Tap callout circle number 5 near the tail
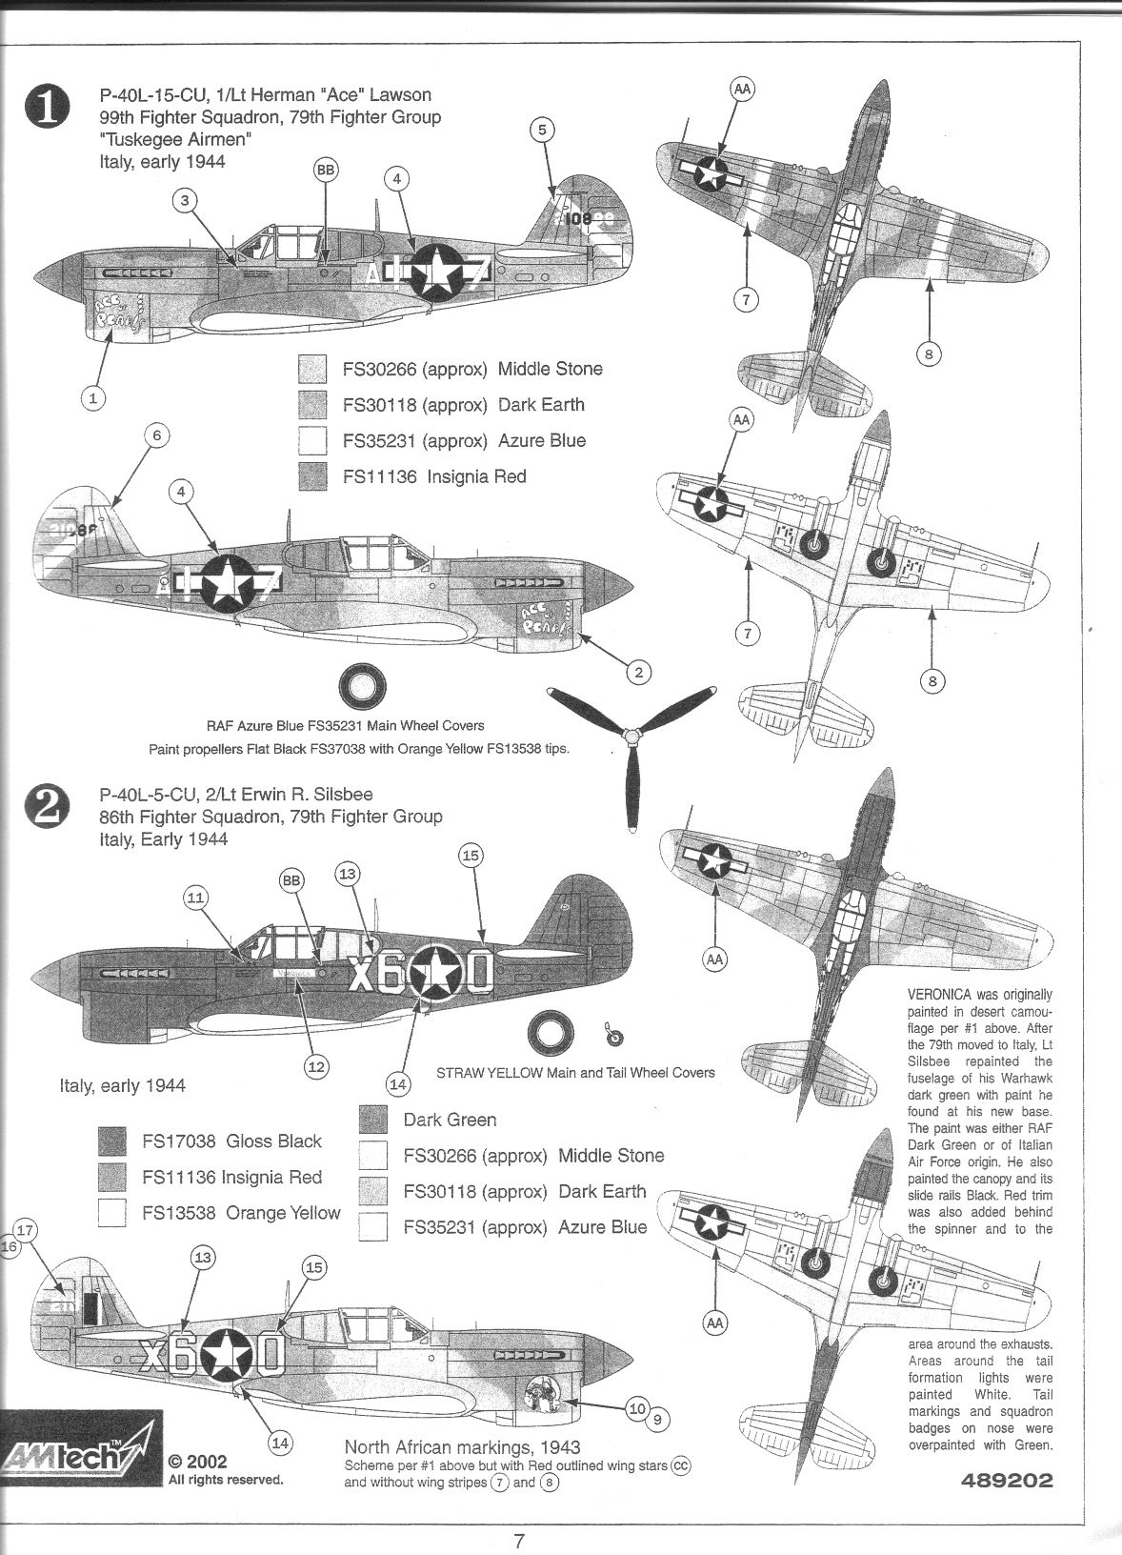(542, 130)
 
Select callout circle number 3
(187, 199)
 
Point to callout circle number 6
(158, 435)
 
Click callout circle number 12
(316, 1066)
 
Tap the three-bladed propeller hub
(630, 735)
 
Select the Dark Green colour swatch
(373, 1120)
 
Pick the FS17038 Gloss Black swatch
(112, 1141)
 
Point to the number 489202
(999, 1507)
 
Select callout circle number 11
(196, 897)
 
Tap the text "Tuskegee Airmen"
(175, 139)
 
